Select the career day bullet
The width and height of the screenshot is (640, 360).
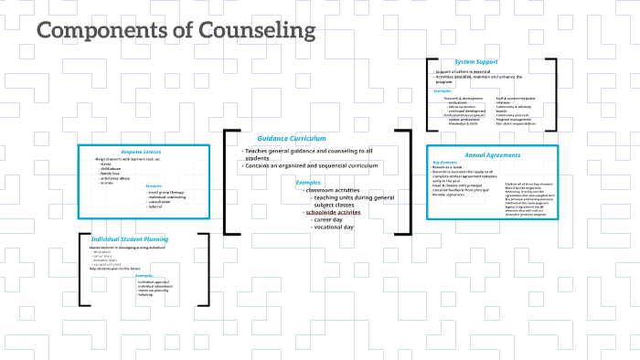333,220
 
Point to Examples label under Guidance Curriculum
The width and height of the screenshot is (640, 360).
309,182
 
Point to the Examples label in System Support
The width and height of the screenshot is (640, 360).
443,91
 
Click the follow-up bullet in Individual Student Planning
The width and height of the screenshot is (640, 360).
146,296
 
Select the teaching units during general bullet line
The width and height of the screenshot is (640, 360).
353,197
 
